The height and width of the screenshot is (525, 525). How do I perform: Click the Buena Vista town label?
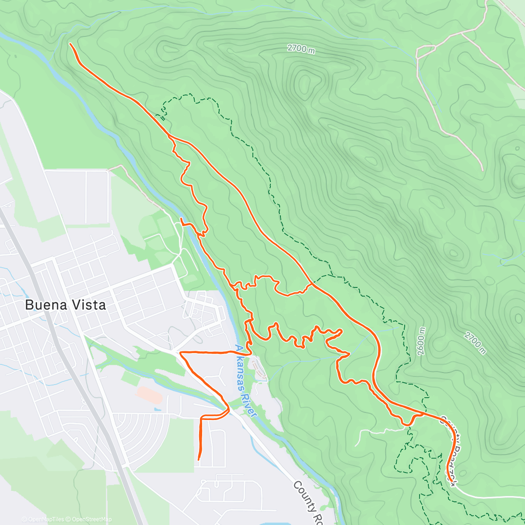pos(66,305)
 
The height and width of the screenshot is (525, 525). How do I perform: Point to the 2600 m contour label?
pos(421,342)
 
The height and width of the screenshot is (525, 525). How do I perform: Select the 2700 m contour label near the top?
pos(301,49)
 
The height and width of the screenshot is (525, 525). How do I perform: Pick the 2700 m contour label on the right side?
pos(475,343)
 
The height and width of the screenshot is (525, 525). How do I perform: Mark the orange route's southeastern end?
pos(450,481)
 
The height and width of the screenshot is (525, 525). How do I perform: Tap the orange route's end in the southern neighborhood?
pos(199,459)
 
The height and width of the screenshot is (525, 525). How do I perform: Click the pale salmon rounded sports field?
pos(149,395)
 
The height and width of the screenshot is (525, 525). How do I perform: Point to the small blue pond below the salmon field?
pos(156,410)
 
